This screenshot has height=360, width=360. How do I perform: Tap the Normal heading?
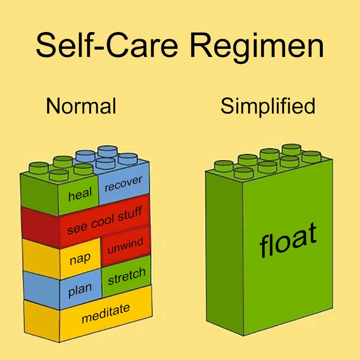pos(81,106)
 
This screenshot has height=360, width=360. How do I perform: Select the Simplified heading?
pos(268,106)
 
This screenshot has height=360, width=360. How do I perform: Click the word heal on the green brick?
pos(80,194)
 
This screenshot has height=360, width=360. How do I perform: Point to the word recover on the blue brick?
pos(123,184)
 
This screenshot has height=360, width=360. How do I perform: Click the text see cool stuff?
pos(104,220)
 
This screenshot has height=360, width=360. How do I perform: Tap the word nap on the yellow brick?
pos(80,259)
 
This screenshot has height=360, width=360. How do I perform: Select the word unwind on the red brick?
pos(125,246)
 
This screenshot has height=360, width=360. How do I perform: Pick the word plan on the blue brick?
pos(80,290)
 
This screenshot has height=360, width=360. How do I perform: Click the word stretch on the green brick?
pos(126,276)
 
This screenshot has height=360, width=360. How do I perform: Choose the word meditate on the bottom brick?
pos(105,313)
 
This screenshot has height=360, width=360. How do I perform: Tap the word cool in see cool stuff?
pos(103,221)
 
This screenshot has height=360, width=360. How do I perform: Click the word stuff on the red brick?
pos(130,214)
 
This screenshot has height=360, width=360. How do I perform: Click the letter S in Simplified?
pos(227,106)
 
